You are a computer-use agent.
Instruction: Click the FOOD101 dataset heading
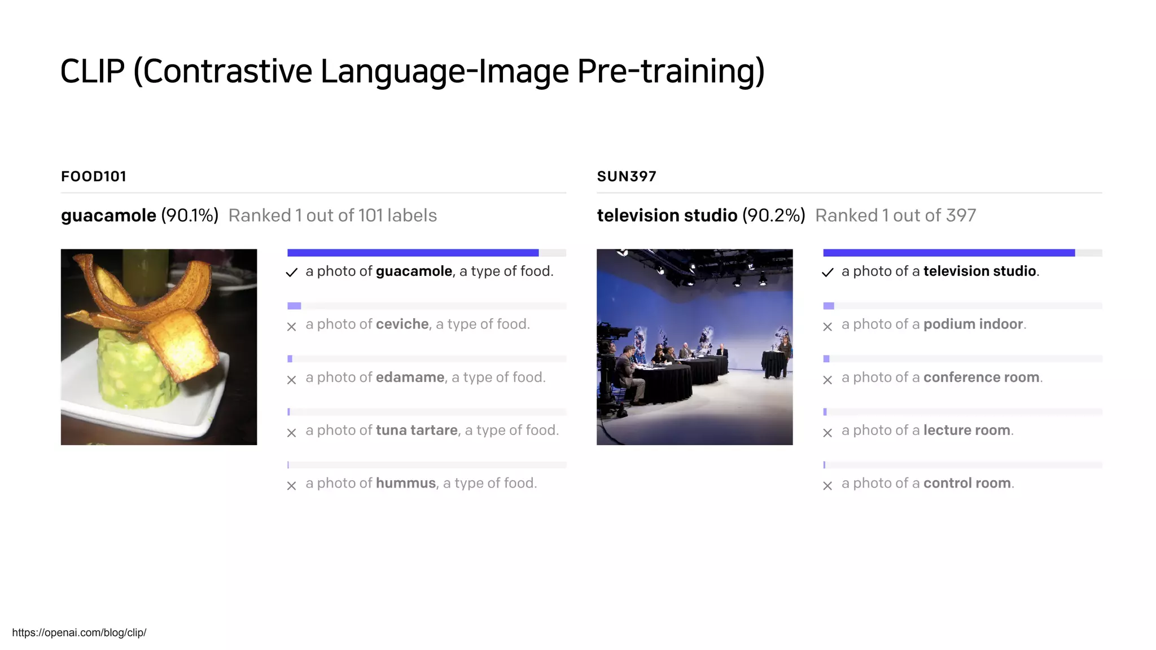coord(94,177)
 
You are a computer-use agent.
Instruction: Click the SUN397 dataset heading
coord(627,177)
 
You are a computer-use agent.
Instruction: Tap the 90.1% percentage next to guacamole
coord(190,216)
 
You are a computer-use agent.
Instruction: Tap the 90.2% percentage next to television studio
coord(773,216)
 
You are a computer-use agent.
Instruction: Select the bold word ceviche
coord(402,324)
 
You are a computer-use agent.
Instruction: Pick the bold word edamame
coord(410,377)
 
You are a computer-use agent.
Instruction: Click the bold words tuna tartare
coord(417,431)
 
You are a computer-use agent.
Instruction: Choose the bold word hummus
coord(406,484)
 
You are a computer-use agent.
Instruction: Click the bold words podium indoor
coord(973,324)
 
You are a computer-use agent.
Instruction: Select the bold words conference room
coord(981,377)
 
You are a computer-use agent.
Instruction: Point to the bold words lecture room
coord(966,431)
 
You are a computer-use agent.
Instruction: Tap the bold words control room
coord(967,484)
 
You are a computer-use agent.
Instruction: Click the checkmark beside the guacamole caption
coord(291,273)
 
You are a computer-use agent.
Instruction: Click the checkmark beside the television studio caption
coord(827,273)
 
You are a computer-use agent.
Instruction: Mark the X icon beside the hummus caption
coord(291,486)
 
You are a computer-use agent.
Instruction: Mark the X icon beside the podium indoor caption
coord(827,327)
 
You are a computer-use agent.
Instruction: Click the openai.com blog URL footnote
coord(79,633)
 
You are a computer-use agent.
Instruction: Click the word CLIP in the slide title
coord(92,72)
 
